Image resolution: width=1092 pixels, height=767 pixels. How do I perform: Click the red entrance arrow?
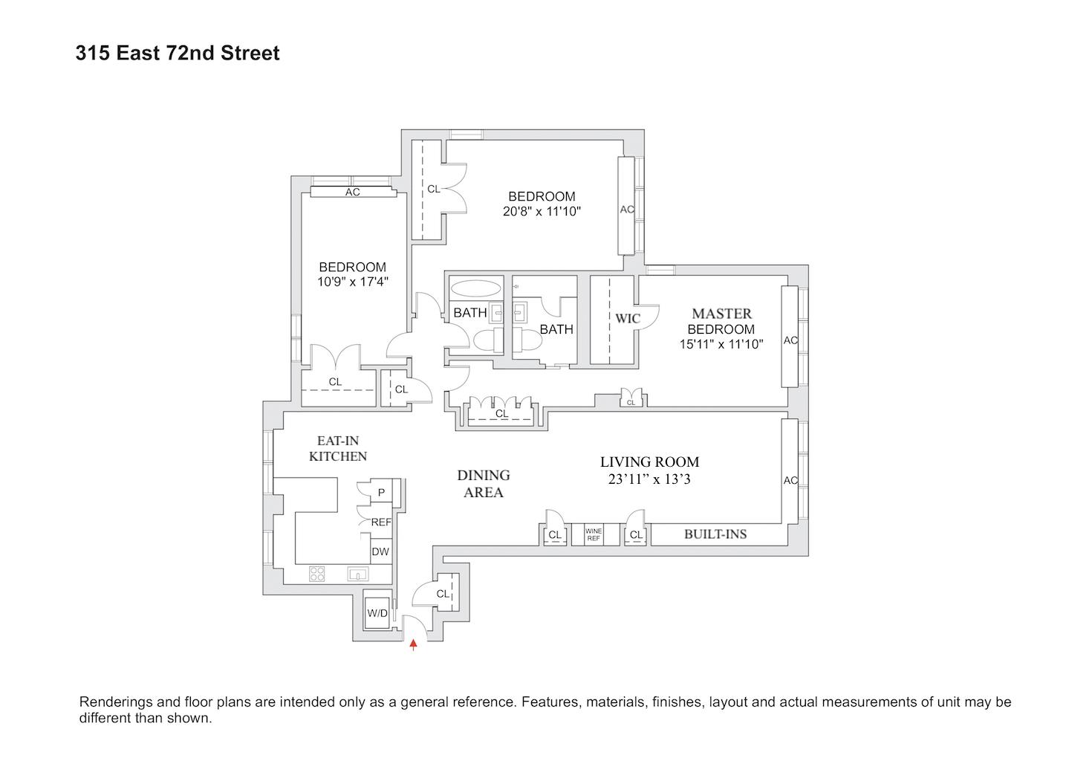click(414, 644)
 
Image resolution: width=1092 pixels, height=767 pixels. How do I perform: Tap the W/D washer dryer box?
click(377, 612)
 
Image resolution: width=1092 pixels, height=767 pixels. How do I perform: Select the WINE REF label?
click(593, 534)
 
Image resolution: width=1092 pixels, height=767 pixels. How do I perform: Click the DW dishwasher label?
click(380, 551)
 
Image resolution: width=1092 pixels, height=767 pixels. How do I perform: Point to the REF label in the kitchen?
click(380, 522)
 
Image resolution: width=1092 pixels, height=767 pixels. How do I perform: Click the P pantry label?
click(381, 492)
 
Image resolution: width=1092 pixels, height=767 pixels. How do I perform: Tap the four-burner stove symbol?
click(317, 574)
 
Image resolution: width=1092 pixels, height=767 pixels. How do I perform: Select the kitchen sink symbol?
click(358, 574)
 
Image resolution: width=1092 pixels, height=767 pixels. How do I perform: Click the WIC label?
click(627, 319)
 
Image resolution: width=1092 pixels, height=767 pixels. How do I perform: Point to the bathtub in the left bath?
click(475, 289)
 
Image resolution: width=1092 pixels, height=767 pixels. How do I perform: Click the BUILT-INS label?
click(715, 534)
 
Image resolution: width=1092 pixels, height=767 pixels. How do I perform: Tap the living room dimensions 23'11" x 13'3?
click(649, 479)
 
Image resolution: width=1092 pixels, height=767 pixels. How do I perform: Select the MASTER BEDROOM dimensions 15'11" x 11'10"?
click(721, 343)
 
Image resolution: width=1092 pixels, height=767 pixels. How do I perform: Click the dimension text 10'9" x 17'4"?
click(353, 282)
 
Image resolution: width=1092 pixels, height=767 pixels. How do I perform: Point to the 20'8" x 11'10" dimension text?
click(541, 211)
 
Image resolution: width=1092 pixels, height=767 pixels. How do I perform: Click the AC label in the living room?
click(790, 480)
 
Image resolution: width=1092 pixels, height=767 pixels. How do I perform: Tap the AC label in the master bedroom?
click(790, 340)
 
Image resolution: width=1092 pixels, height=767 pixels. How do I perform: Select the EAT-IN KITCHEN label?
click(338, 449)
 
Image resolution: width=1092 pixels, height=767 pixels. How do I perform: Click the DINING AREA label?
click(483, 483)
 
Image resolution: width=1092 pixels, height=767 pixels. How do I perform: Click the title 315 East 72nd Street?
click(178, 54)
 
